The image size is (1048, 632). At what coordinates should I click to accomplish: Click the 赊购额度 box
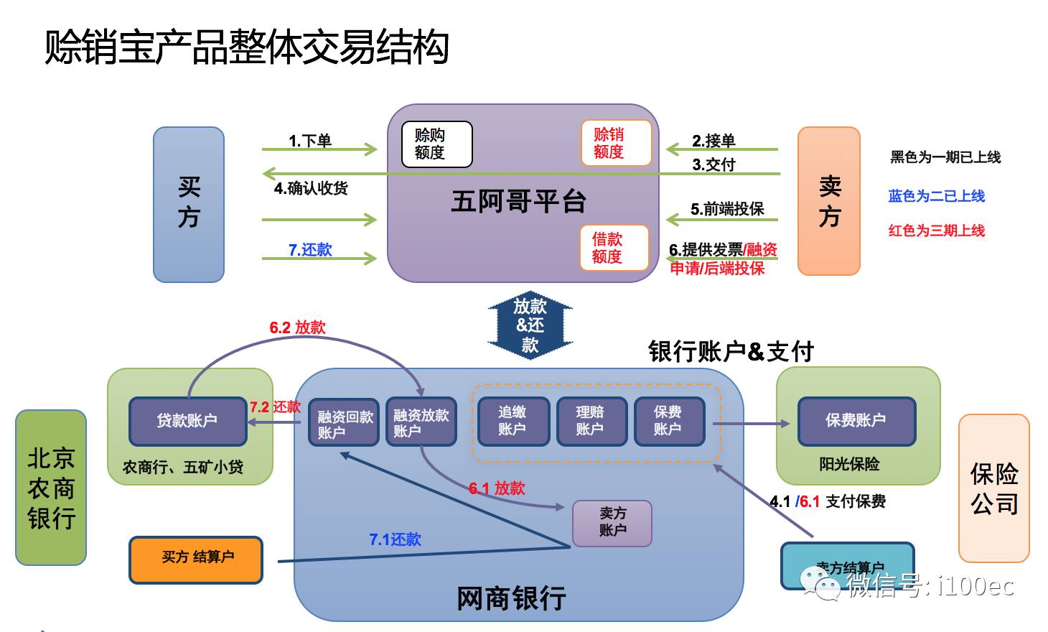(436, 144)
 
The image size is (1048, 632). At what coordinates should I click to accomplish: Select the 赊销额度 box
(616, 143)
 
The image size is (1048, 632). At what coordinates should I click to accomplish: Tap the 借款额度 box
(614, 248)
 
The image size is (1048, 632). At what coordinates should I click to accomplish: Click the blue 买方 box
(189, 205)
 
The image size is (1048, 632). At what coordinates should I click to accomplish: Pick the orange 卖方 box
(829, 201)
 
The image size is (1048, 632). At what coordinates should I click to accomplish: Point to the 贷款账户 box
(187, 421)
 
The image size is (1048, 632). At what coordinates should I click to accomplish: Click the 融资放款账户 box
(421, 422)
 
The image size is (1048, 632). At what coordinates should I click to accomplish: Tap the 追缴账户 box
(513, 421)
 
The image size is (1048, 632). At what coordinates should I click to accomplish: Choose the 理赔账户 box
(590, 421)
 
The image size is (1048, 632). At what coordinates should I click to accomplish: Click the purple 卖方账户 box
(612, 523)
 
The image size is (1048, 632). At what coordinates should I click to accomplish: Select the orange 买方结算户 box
(196, 559)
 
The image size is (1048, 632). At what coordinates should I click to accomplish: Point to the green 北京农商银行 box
(51, 488)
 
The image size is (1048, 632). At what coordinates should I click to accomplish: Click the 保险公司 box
(994, 488)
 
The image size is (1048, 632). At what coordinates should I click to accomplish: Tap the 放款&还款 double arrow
(530, 325)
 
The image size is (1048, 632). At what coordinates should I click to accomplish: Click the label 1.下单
(310, 141)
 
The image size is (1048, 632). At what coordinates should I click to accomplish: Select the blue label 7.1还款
(395, 539)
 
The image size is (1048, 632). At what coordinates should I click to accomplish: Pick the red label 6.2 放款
(297, 327)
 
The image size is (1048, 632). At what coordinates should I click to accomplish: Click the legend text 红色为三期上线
(936, 231)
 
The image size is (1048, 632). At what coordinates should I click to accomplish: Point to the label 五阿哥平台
(518, 201)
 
